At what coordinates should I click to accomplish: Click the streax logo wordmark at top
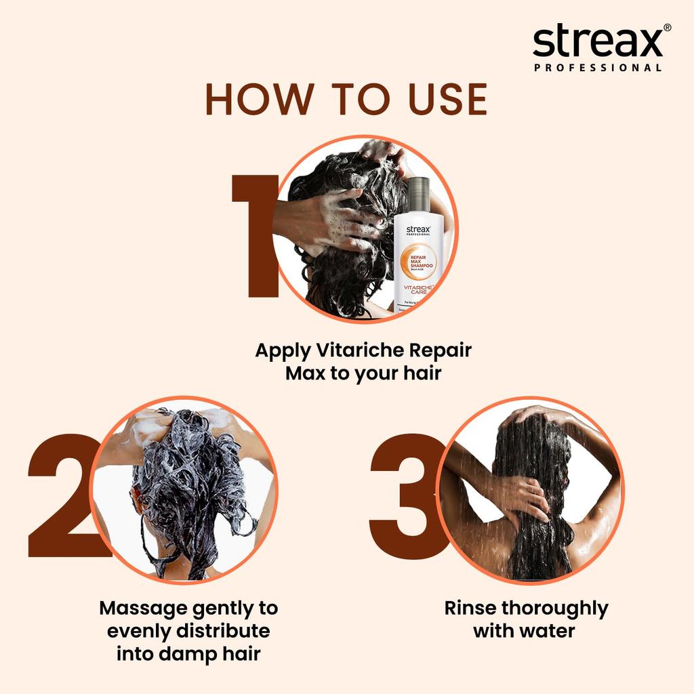(x=598, y=42)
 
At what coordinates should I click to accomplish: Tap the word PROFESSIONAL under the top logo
(x=598, y=68)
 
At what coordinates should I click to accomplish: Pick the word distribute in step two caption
(x=223, y=631)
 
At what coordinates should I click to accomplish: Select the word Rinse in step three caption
(x=470, y=608)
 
